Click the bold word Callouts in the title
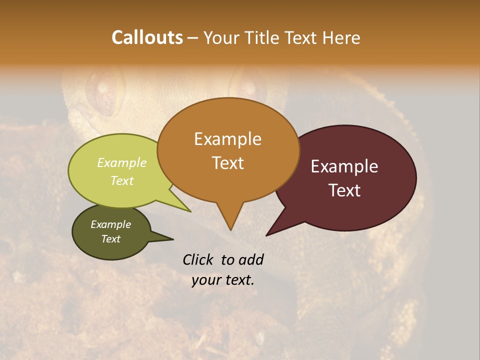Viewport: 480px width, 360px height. coord(147,37)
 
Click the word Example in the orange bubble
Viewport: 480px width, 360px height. coord(227,139)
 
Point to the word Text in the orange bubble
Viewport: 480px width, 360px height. coord(227,163)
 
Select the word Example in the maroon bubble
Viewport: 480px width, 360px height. coord(344,166)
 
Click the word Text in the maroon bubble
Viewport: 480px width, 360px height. coord(344,190)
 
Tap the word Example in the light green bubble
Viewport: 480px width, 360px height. coord(122,163)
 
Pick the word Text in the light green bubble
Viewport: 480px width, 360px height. coord(122,180)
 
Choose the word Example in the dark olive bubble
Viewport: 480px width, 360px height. coord(111,224)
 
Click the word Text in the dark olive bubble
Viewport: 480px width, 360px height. coord(111,239)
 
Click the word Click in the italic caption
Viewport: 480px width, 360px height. coord(199,259)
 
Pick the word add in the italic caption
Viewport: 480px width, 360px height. coord(251,259)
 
